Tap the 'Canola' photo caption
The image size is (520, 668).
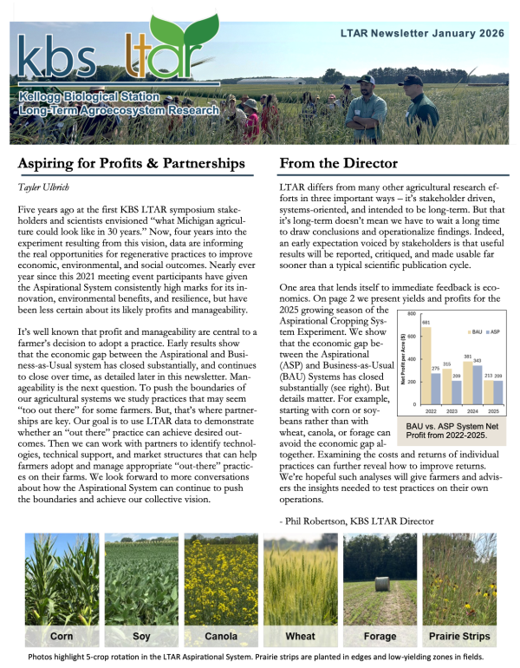pyautogui.click(x=219, y=636)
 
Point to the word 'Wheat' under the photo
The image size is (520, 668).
pyautogui.click(x=300, y=636)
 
